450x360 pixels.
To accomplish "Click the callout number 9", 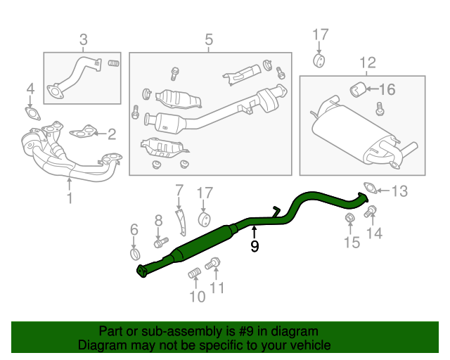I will tap(255, 246).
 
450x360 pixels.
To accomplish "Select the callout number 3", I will tap(83, 40).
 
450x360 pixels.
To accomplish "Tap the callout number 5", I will tap(209, 40).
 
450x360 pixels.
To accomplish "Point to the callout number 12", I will tap(367, 65).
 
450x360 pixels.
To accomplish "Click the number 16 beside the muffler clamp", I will tap(387, 89).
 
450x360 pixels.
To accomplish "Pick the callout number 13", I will tap(399, 191).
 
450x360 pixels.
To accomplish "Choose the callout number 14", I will tap(375, 233).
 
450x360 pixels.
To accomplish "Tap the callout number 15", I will tap(351, 243).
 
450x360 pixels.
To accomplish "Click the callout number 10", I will tap(198, 297).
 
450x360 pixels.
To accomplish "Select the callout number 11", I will tap(218, 288).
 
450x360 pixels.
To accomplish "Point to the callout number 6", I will tap(134, 229).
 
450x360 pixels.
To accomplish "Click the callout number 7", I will tap(179, 189).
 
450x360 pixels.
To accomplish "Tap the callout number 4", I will tap(30, 89).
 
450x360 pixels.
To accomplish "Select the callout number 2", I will tap(111, 132).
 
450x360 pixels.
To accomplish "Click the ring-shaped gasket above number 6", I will tap(134, 252).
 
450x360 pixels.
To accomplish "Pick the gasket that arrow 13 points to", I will tap(369, 188).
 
